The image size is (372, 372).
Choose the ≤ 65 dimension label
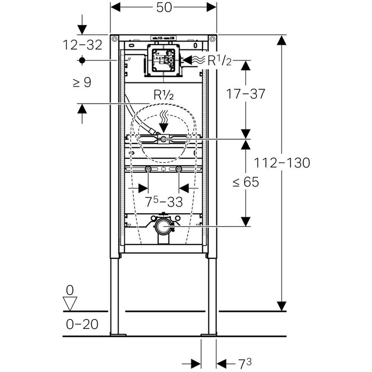[246, 182]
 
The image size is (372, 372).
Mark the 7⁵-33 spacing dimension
[163, 202]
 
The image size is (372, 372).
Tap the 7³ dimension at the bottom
[244, 363]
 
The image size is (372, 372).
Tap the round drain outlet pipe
[164, 227]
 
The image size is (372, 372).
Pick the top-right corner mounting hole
[213, 39]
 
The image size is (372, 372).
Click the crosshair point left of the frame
[82, 61]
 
